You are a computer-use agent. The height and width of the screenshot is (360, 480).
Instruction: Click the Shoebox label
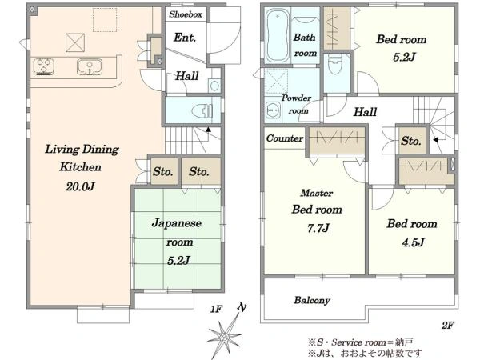click(186, 14)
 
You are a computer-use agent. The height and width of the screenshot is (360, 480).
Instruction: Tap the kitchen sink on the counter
click(90, 67)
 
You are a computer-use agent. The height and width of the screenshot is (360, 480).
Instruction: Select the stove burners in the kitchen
click(44, 66)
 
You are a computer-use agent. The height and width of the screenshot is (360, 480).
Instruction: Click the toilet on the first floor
click(202, 111)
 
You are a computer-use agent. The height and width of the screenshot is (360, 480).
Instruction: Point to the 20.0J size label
click(80, 186)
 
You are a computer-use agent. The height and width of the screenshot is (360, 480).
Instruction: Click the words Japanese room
click(177, 232)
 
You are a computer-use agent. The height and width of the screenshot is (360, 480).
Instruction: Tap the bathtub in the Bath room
click(277, 35)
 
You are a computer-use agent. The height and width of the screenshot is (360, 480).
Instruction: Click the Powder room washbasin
click(273, 110)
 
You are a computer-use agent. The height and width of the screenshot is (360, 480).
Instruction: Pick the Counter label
click(285, 138)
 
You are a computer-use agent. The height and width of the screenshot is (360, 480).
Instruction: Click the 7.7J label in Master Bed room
click(318, 228)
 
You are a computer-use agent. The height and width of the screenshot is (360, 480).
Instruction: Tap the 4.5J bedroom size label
click(413, 242)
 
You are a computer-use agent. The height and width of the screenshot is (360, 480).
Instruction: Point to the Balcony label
click(312, 300)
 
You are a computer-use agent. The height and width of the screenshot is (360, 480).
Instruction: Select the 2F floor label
click(447, 325)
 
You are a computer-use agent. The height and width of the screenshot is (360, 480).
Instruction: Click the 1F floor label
click(216, 309)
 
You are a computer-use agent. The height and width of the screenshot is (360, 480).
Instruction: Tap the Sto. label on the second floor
click(411, 141)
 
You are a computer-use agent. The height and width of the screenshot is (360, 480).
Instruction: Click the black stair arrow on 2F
click(436, 140)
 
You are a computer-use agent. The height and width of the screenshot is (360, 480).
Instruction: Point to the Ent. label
click(185, 38)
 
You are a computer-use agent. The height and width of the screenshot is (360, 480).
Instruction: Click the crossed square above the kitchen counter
click(75, 42)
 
